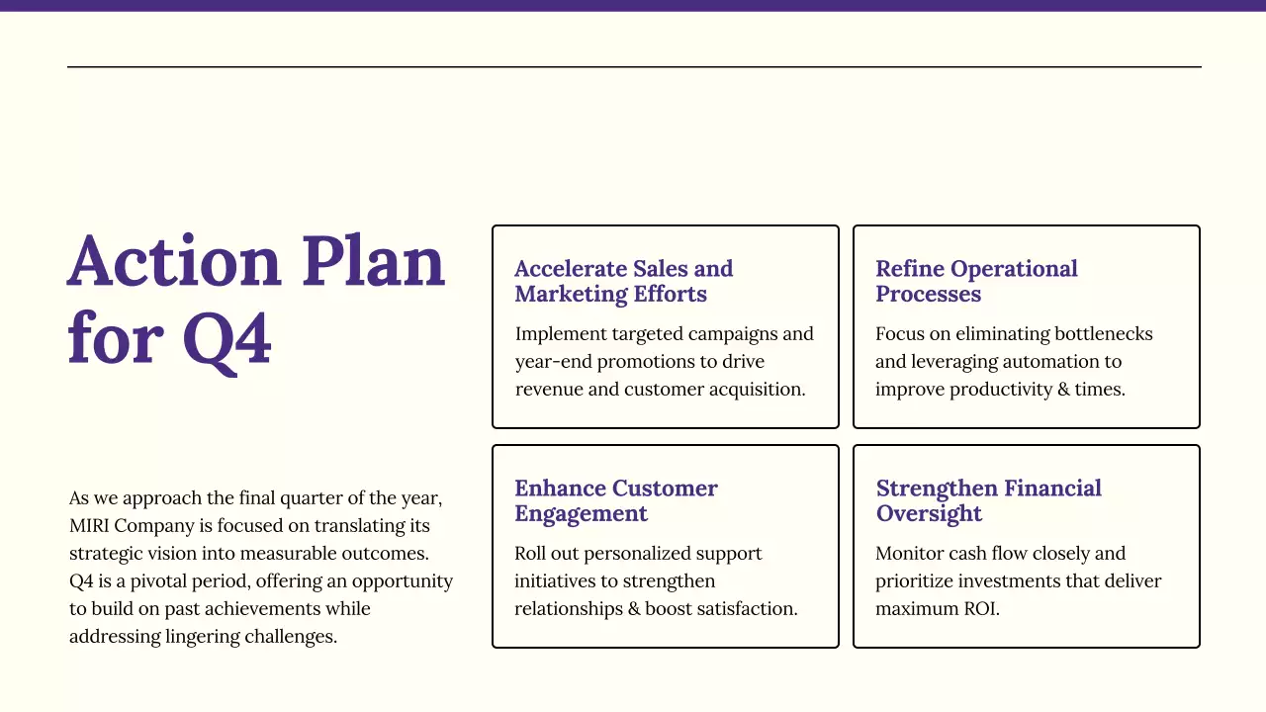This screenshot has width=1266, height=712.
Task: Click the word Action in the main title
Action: pos(174,262)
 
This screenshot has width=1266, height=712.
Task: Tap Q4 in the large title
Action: pos(226,339)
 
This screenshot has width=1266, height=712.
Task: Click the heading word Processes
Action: pos(928,295)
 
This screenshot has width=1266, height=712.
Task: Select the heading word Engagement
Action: pos(581,514)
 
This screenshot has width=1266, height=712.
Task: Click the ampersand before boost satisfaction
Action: pos(633,608)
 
